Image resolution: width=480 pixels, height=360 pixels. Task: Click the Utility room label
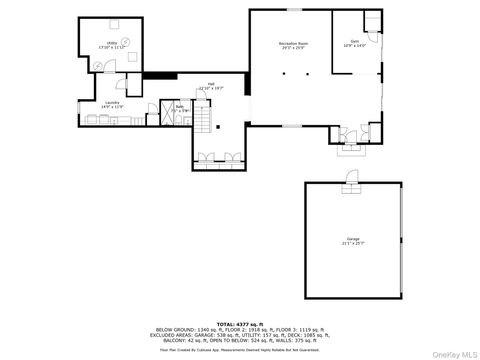coord(111,43)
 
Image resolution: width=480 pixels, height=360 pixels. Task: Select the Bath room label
coord(180,105)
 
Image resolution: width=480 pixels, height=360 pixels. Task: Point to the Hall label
coord(211,84)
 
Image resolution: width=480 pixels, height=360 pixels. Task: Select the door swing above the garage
coord(350,178)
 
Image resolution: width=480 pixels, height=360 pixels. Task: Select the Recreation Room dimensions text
coord(291,49)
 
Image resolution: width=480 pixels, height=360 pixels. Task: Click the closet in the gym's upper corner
coord(372,19)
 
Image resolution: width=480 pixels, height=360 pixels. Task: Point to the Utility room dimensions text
coord(111,48)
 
